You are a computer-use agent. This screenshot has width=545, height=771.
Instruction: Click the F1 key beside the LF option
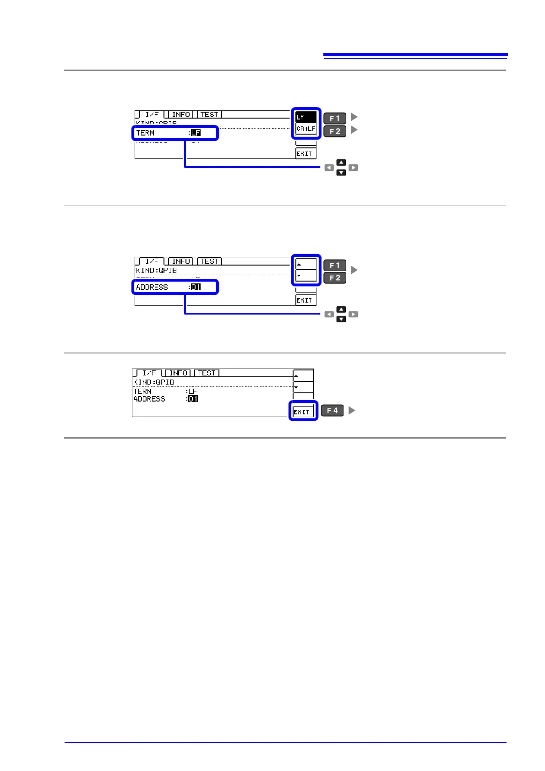point(335,118)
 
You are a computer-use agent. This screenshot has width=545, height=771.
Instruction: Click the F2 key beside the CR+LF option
point(335,131)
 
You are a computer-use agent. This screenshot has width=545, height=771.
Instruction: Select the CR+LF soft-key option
point(306,129)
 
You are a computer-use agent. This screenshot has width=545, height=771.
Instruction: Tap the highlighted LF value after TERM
point(196,133)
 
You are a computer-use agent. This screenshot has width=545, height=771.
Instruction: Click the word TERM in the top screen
point(145,133)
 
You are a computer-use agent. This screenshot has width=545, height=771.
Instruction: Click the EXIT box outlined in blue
point(303,411)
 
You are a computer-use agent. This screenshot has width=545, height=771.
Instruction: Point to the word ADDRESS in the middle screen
point(152,287)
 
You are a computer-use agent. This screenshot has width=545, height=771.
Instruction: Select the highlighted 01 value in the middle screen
point(196,287)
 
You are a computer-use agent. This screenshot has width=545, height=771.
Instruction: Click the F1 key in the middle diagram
point(335,265)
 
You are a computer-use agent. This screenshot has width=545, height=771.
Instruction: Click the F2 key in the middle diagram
point(335,278)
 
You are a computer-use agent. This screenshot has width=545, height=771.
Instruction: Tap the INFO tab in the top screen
point(180,114)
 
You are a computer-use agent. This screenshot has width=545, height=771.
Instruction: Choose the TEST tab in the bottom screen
point(207,373)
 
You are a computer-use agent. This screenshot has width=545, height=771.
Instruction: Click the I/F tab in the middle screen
point(152,261)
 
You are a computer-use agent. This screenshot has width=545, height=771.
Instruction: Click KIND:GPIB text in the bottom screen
point(153,382)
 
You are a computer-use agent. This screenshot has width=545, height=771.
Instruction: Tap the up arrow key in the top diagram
point(341,162)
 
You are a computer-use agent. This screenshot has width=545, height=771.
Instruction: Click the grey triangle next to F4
point(352,410)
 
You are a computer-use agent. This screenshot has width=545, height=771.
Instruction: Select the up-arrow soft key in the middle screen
point(306,264)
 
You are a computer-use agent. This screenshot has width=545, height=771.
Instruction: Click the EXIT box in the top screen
point(305,154)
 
